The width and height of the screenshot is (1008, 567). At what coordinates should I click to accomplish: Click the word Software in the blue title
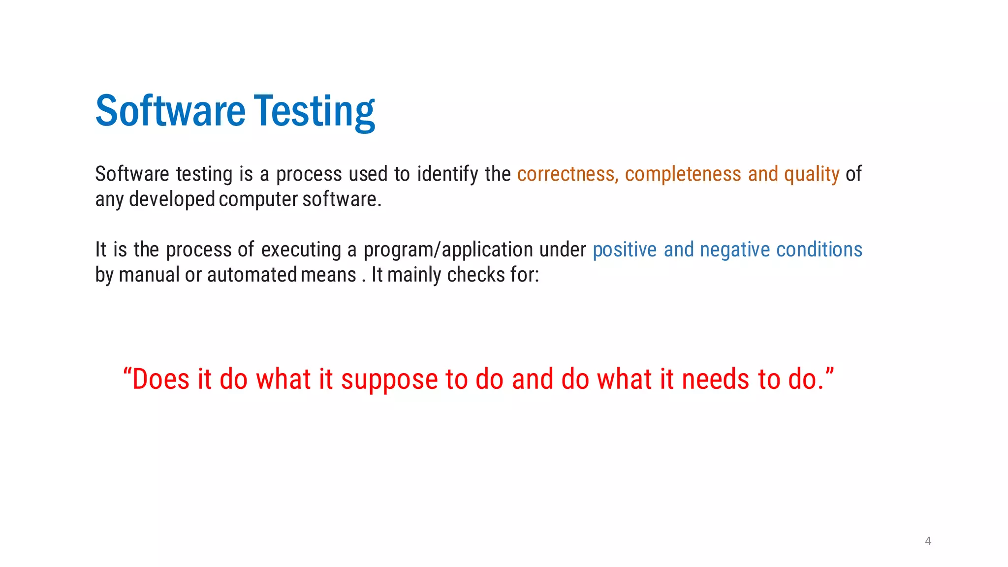pyautogui.click(x=170, y=111)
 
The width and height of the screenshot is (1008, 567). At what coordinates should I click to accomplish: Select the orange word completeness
pyautogui.click(x=683, y=174)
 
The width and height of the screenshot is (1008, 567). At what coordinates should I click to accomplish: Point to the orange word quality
pyautogui.click(x=812, y=174)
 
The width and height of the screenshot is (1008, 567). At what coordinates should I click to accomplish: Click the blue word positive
pyautogui.click(x=625, y=250)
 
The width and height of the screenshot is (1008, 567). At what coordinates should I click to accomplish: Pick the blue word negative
pyautogui.click(x=735, y=250)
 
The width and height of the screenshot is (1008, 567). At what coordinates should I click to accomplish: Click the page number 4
pyautogui.click(x=928, y=541)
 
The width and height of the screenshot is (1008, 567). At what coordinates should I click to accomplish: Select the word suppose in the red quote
pyautogui.click(x=389, y=380)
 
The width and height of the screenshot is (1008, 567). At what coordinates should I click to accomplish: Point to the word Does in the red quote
pyautogui.click(x=160, y=380)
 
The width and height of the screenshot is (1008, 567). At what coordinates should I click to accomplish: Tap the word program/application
pyautogui.click(x=448, y=250)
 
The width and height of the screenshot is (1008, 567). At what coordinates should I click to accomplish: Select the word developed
pyautogui.click(x=172, y=200)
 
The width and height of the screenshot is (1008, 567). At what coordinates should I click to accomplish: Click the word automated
pyautogui.click(x=252, y=275)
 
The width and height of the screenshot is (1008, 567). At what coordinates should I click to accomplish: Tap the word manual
pyautogui.click(x=149, y=275)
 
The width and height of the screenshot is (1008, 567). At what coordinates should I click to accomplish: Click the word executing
pyautogui.click(x=301, y=250)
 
